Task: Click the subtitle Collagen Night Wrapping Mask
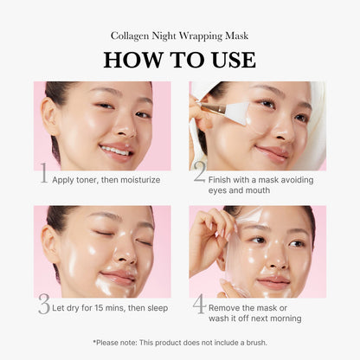click(180, 35)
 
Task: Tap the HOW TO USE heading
click(180, 59)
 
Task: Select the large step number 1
click(43, 177)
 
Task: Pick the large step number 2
click(199, 173)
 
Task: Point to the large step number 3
click(43, 305)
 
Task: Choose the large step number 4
click(199, 305)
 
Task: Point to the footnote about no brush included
click(180, 343)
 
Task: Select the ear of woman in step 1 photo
click(52, 117)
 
